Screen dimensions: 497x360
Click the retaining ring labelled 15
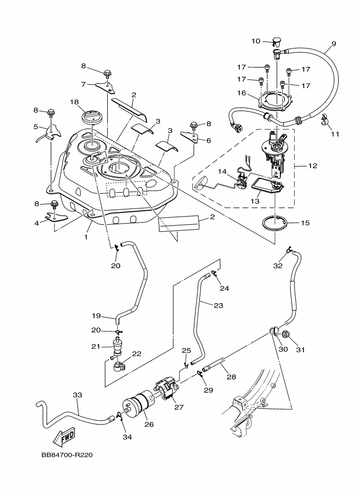point(276,223)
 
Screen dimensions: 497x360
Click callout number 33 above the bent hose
point(77,395)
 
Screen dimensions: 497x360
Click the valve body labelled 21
point(117,346)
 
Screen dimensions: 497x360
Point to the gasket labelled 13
point(266,186)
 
